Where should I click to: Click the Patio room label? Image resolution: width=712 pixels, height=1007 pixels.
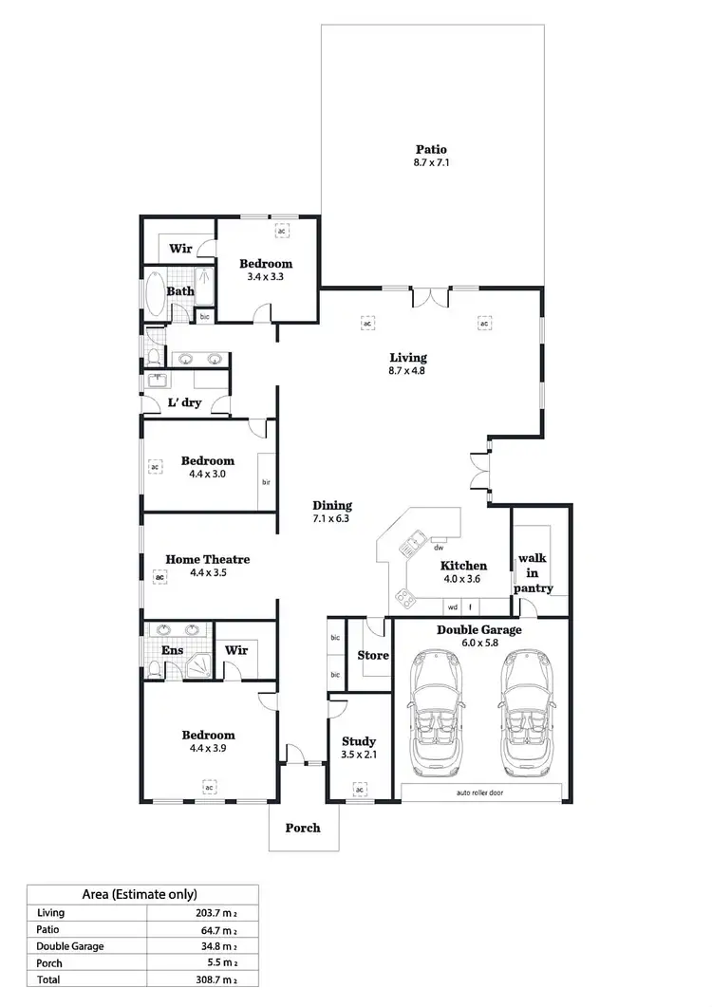coord(431,149)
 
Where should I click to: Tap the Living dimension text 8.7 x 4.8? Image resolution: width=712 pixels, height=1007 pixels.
coord(408,372)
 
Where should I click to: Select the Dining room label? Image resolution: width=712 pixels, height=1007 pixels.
coord(332,506)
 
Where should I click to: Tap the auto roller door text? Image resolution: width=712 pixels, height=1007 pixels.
coord(484,793)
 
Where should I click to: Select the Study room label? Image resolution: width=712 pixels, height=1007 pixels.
coord(358,741)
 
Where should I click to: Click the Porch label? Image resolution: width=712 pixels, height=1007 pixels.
coord(303,828)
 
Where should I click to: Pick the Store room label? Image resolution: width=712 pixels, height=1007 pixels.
coord(372,655)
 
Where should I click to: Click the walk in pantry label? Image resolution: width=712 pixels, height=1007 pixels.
coord(534,573)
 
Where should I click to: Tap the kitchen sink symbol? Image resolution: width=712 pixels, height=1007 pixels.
coord(414,545)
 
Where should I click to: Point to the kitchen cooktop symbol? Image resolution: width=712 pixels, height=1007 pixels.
coord(405,598)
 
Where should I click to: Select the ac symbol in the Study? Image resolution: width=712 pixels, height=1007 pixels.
coord(360,789)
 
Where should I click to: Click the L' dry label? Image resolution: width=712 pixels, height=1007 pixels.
coord(183,402)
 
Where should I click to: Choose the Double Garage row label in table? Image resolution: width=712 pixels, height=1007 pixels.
coord(70,945)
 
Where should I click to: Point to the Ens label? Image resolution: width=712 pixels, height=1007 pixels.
coord(174,650)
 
